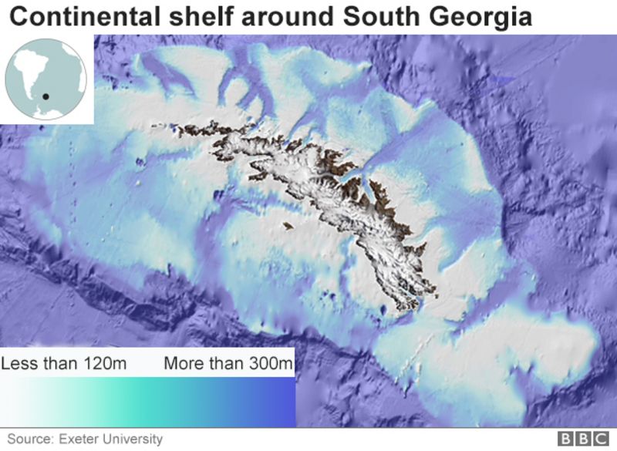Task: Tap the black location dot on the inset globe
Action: coord(46,96)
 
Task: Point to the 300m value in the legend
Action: coord(262,363)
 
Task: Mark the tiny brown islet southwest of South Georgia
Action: coord(288,226)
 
